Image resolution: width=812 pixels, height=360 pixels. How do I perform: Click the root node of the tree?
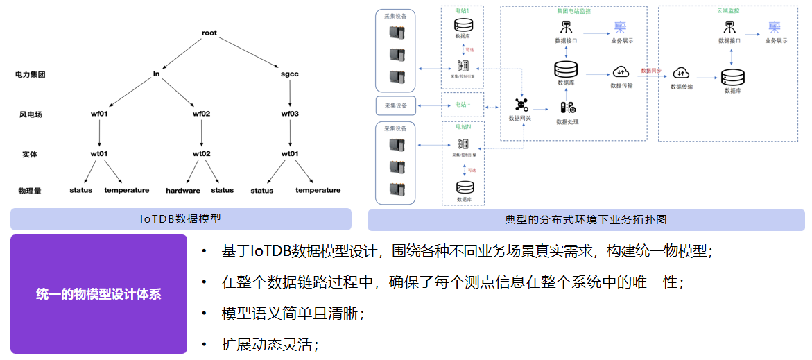pyautogui.click(x=209, y=33)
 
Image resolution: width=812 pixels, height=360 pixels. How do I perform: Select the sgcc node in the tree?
pyautogui.click(x=289, y=74)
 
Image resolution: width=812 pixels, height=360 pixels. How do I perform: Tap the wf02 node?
pyautogui.click(x=201, y=114)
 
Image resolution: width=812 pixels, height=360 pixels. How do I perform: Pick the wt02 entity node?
pyautogui.click(x=201, y=153)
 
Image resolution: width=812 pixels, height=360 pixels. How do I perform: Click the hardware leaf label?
pyautogui.click(x=183, y=190)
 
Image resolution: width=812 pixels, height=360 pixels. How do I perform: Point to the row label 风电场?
pyautogui.click(x=28, y=114)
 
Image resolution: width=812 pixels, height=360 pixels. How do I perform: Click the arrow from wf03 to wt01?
pyautogui.click(x=289, y=133)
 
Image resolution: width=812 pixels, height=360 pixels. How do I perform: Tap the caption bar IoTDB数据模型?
pyautogui.click(x=180, y=219)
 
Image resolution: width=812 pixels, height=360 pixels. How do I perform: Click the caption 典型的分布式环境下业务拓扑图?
pyautogui.click(x=586, y=219)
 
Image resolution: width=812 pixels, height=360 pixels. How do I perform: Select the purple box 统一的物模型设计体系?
pyautogui.click(x=98, y=294)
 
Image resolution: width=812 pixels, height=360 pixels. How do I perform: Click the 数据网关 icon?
pyautogui.click(x=521, y=105)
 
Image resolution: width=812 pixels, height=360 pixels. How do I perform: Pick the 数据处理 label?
pyautogui.click(x=567, y=122)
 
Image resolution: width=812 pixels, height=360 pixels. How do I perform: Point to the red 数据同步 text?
pyautogui.click(x=650, y=71)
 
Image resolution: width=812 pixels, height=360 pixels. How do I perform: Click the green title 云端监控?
pyautogui.click(x=727, y=12)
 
